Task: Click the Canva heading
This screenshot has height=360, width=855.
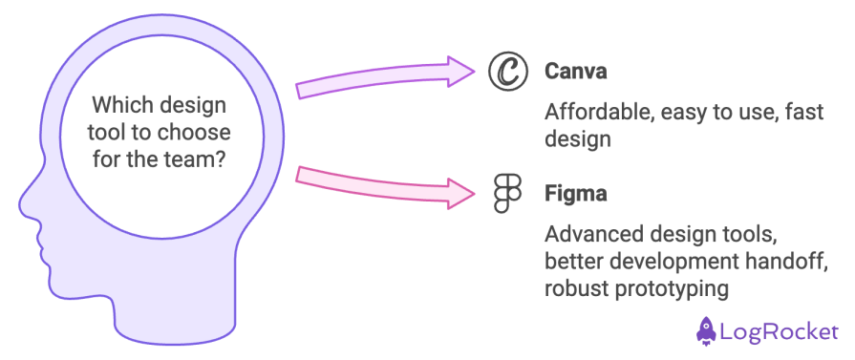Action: [576, 72]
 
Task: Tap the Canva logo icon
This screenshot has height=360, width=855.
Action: [507, 72]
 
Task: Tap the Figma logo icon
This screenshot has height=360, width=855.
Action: [506, 193]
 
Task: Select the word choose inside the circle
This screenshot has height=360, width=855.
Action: [198, 130]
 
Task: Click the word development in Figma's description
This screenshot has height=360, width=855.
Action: [654, 260]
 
